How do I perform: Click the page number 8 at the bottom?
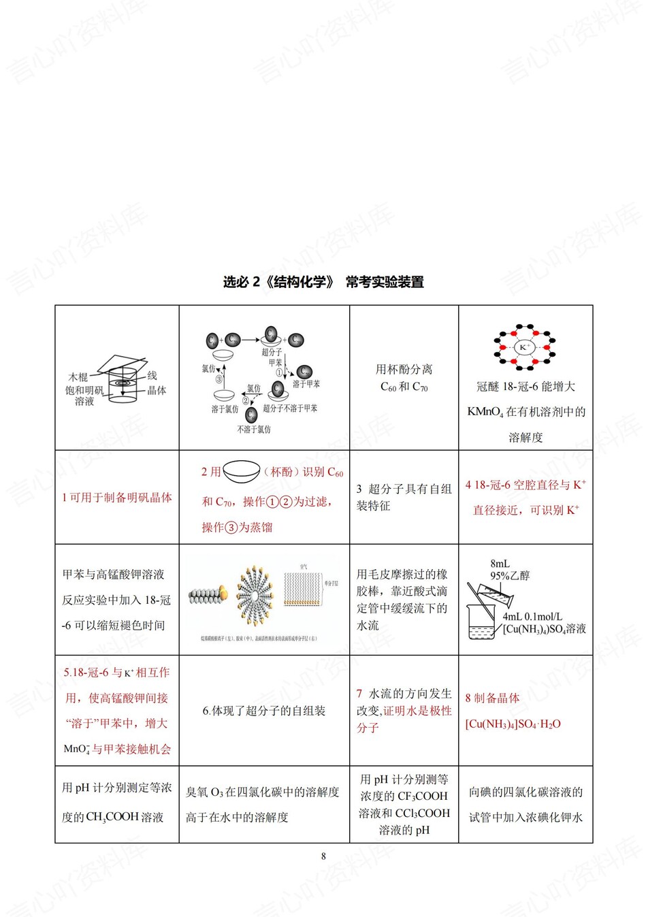tap(323, 856)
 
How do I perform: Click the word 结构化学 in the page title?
tap(300, 282)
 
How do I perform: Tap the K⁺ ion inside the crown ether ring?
tap(524, 347)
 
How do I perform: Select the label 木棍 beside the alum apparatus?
tap(78, 376)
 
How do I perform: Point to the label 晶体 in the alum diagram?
tap(157, 390)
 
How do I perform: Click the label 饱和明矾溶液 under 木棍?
tap(84, 396)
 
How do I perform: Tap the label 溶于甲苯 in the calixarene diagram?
tap(306, 385)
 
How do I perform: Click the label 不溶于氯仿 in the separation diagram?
tap(253, 430)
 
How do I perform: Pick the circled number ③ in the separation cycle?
tap(219, 379)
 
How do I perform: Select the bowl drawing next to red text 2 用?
tap(242, 471)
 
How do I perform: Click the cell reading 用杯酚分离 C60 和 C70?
tap(404, 378)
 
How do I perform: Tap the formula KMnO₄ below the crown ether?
tap(485, 412)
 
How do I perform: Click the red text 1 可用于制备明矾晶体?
tap(116, 498)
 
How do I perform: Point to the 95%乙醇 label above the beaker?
tap(510, 575)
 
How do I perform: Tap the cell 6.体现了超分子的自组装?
tap(264, 711)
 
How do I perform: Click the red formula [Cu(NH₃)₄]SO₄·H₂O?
tap(513, 724)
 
